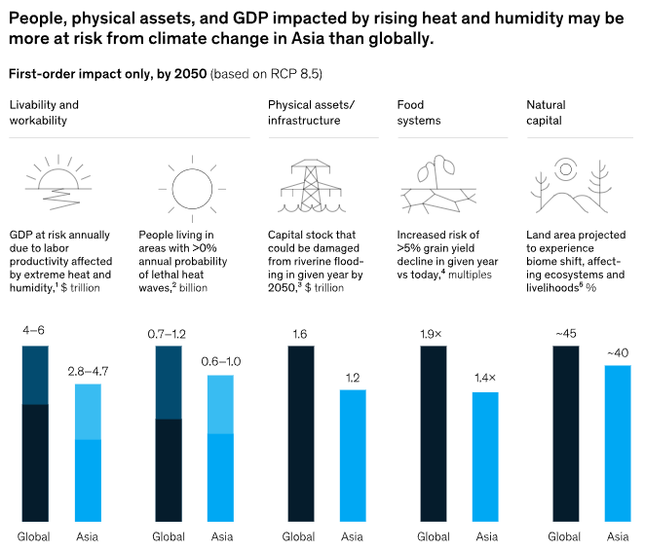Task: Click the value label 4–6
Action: (35, 331)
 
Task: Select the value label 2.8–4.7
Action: (89, 371)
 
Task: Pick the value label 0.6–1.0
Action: (222, 362)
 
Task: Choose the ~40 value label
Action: (618, 352)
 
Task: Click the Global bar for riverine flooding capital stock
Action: (301, 433)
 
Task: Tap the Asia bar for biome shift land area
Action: (618, 443)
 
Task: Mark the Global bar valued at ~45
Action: (565, 433)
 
